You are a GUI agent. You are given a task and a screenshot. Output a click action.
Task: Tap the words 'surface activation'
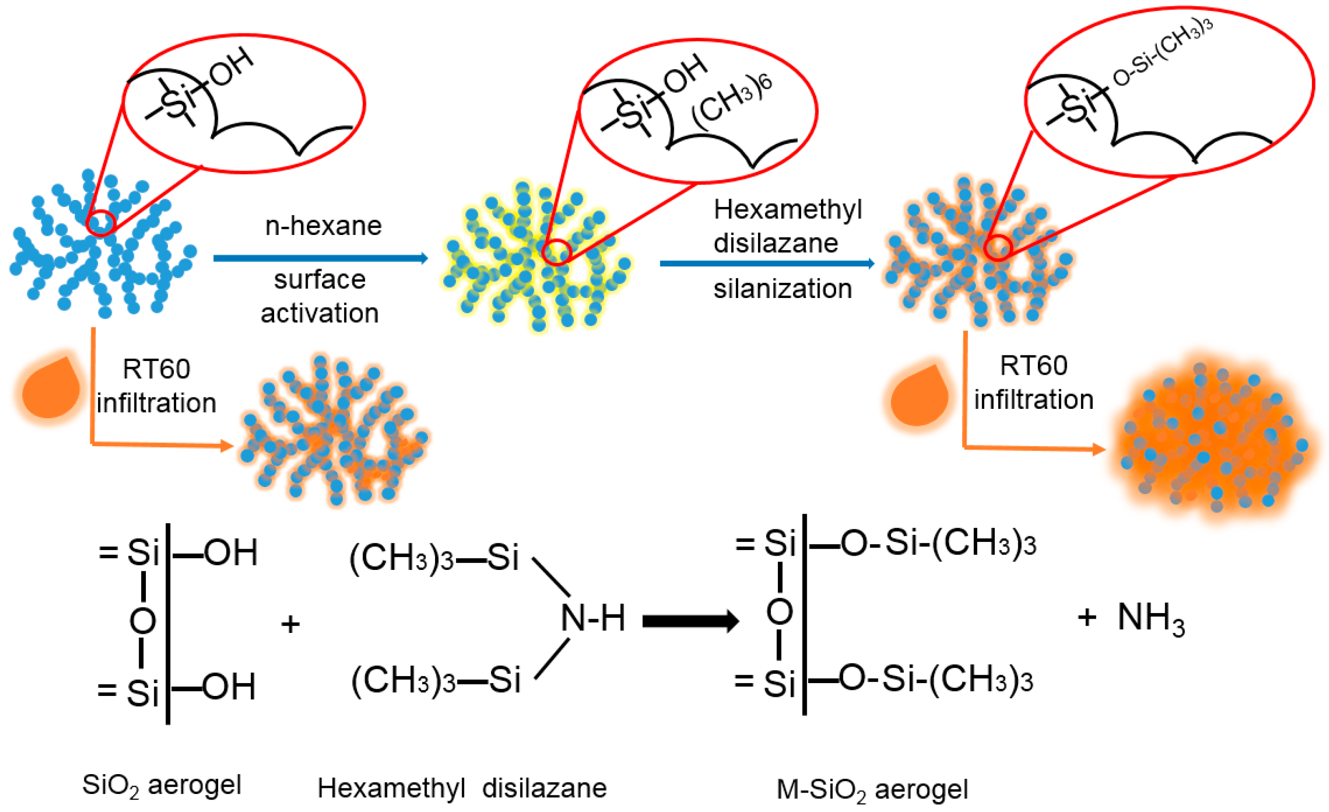(320, 296)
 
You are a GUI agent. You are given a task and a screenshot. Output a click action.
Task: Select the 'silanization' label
(783, 289)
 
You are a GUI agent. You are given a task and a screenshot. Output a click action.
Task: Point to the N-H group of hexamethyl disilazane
(593, 618)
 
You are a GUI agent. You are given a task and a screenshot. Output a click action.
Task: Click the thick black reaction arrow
(690, 621)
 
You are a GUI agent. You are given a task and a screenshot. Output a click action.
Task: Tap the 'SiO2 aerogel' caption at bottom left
(161, 785)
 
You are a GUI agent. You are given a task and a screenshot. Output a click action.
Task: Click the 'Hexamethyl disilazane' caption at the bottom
(462, 788)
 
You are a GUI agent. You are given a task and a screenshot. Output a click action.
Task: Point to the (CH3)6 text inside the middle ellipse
(732, 102)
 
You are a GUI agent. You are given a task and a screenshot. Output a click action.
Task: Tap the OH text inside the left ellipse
(231, 67)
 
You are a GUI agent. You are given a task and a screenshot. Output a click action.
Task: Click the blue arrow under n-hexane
(321, 259)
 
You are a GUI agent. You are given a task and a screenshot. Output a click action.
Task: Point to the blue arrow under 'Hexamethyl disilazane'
(767, 263)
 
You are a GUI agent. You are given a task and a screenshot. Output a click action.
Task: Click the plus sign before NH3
(1087, 617)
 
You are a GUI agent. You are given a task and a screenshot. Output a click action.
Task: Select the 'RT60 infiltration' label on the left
(156, 386)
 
